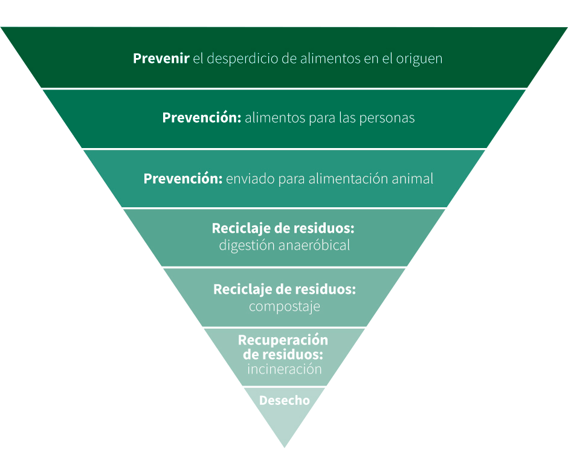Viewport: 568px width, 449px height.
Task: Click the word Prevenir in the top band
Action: point(161,59)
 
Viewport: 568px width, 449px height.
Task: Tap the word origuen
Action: point(419,59)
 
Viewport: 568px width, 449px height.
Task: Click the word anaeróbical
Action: point(314,245)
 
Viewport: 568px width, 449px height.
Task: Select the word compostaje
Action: point(284,306)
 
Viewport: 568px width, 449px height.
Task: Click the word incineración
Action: point(284,369)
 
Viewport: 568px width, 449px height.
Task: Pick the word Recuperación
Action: point(283,340)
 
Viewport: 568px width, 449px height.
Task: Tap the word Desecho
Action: point(284,400)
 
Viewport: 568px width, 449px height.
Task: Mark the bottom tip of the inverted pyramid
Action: point(284,445)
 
